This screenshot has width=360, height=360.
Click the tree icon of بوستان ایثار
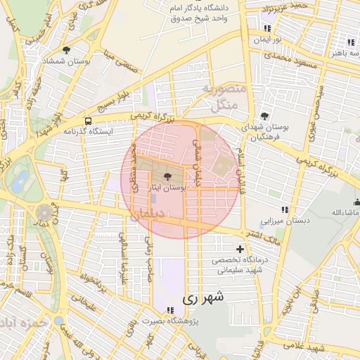(x=168, y=176)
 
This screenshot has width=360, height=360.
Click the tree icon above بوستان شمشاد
(x=65, y=50)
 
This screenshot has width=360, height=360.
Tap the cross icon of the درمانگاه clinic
(x=240, y=249)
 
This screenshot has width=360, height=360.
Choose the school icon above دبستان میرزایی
(x=285, y=210)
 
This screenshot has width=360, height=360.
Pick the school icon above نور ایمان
(x=267, y=28)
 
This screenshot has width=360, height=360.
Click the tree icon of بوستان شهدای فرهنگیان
(x=264, y=115)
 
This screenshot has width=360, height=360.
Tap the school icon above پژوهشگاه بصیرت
(x=170, y=310)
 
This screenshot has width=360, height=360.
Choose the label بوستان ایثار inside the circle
(x=168, y=188)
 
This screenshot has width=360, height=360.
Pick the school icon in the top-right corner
(x=349, y=42)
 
